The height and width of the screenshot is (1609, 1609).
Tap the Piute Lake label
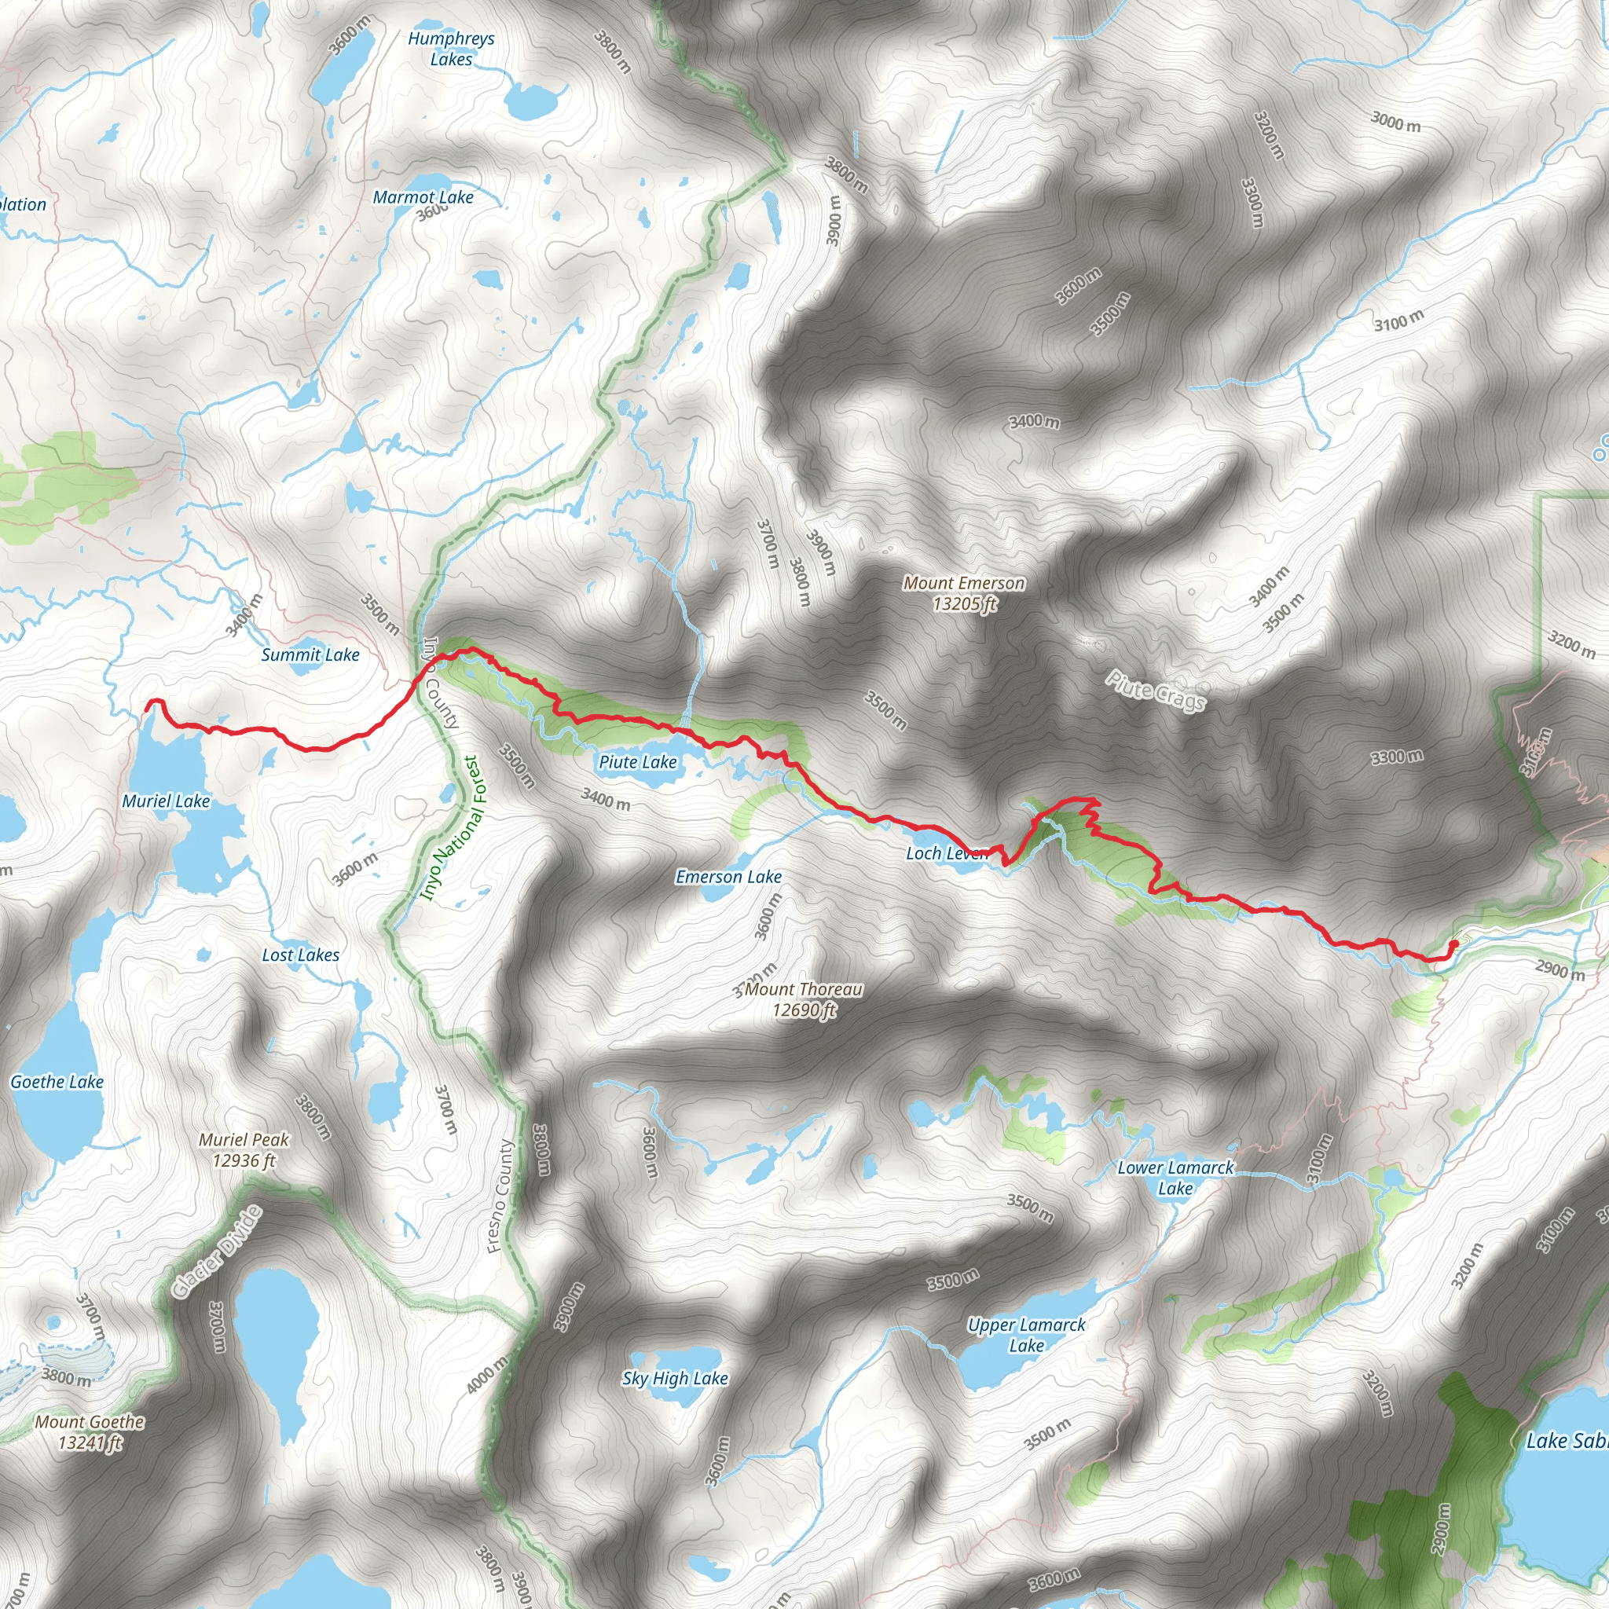click(x=638, y=761)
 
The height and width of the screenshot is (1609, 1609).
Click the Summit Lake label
click(x=310, y=654)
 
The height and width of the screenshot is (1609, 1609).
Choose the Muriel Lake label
click(x=166, y=801)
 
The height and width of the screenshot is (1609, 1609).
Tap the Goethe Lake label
click(x=57, y=1081)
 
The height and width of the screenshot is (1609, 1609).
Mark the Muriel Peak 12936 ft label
click(x=244, y=1149)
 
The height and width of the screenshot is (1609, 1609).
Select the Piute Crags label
click(x=1155, y=691)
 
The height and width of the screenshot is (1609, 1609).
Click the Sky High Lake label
click(x=675, y=1378)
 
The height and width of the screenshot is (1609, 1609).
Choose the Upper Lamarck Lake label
click(x=1026, y=1334)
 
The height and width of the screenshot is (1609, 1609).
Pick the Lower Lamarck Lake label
click(x=1175, y=1178)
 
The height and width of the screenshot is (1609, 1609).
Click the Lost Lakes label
click(x=300, y=955)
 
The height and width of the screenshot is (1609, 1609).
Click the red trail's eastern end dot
click(x=1454, y=944)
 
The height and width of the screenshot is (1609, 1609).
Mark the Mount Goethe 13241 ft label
click(x=89, y=1431)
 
